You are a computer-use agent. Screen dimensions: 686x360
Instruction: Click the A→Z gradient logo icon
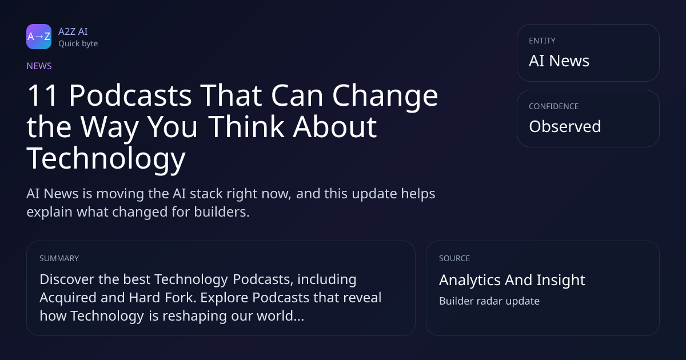coord(39,37)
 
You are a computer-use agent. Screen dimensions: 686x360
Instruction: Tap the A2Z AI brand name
coord(73,31)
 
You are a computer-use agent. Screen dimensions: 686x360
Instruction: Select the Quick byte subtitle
coord(78,44)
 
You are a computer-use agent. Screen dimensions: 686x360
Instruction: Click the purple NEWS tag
coord(39,66)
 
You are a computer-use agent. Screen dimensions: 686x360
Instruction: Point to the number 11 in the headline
coord(42,95)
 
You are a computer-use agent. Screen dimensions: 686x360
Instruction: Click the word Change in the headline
coord(385,97)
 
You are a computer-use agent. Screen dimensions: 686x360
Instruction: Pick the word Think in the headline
coord(246,126)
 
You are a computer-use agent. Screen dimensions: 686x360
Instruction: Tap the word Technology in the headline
coord(106,159)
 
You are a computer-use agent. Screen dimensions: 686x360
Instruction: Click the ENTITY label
coord(542,41)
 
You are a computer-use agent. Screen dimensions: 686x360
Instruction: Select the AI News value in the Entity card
coord(559,61)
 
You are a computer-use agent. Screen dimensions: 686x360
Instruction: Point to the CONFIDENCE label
coord(554,106)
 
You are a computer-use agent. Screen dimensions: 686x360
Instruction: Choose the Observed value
coord(565,126)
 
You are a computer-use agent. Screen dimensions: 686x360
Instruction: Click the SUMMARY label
coord(59,258)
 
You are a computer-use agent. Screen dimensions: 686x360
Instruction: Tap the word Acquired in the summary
coord(68,298)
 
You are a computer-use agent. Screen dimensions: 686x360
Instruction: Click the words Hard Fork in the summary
coord(162,298)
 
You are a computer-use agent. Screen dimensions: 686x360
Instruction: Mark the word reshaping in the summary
coord(194,317)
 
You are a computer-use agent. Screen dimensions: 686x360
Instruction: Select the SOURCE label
coord(454,258)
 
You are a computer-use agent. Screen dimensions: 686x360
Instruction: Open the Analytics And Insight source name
coord(512,281)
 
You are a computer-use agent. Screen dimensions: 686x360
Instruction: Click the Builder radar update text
coord(489,301)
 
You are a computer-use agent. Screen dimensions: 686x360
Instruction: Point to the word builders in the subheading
coord(222,212)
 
